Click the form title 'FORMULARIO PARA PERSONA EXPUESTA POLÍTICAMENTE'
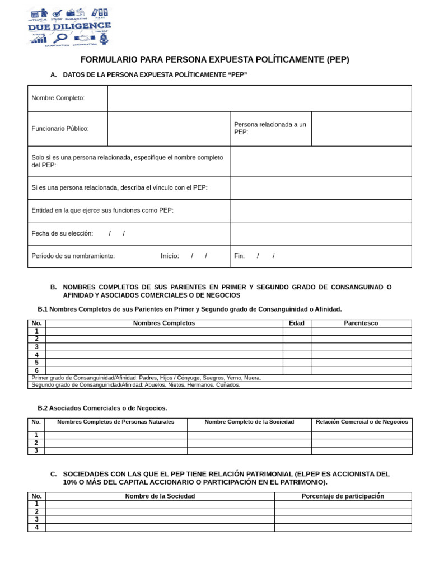214,60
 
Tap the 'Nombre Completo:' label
58,98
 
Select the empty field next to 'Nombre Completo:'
259,98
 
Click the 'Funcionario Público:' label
60,129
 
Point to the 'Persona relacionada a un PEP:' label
270,128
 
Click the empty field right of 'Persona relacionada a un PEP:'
361,129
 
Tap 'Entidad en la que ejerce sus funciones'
102,210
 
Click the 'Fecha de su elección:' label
62,233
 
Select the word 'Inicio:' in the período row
170,256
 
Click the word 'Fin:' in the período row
240,256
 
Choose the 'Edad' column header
297,323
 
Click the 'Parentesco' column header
361,323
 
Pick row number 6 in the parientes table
36,370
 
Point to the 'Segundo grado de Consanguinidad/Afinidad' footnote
136,385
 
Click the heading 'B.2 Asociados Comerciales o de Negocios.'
102,408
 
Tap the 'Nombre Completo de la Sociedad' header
249,421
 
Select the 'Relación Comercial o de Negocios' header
362,421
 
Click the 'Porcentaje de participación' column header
343,496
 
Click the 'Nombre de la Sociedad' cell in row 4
160,527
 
